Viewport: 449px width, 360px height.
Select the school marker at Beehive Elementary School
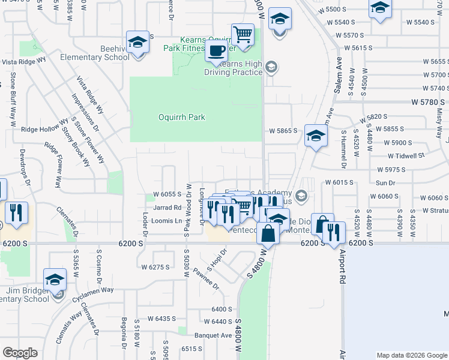point(138,43)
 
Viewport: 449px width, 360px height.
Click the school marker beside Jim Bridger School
point(55,280)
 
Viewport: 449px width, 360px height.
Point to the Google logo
point(20,353)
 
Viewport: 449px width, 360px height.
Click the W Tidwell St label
point(406,155)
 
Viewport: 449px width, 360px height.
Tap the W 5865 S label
point(283,130)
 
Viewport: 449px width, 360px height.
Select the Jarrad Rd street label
point(167,208)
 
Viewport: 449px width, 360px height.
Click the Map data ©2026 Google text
point(412,355)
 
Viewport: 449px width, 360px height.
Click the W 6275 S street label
point(155,267)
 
